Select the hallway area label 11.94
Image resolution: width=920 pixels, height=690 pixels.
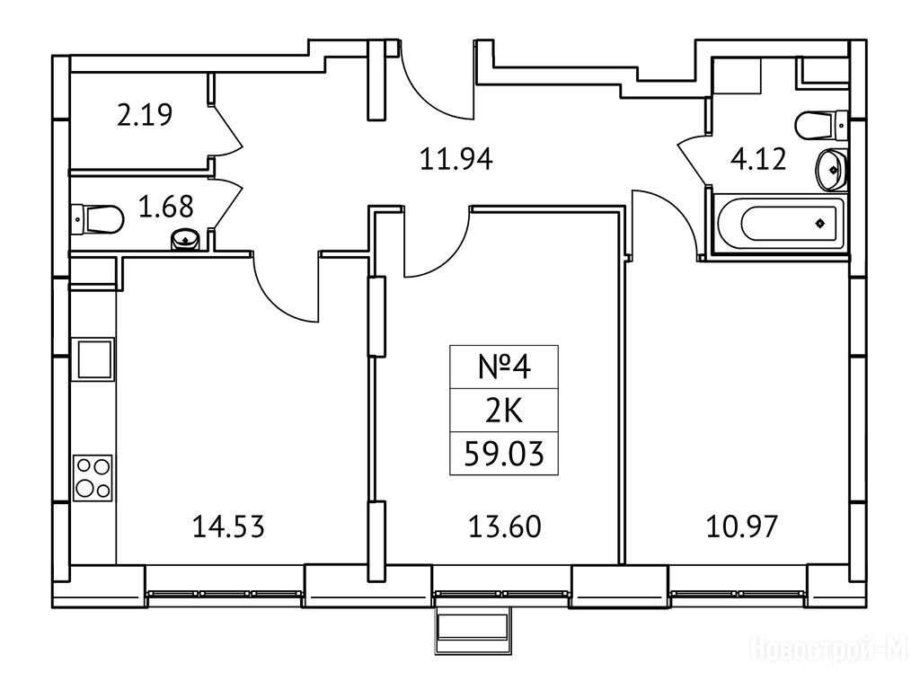point(457,160)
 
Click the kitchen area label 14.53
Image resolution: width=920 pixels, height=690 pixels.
point(228,526)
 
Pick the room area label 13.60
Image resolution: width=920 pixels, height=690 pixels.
point(504,526)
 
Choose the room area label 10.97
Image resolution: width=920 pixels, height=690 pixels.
point(741,526)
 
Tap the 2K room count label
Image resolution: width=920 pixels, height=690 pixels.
point(503,412)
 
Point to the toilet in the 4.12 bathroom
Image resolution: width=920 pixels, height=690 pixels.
point(821,122)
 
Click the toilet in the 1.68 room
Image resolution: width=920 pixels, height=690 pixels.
point(97,217)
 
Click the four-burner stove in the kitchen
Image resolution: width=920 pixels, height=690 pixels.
point(93,477)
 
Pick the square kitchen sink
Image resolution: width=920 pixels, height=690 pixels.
point(93,358)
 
